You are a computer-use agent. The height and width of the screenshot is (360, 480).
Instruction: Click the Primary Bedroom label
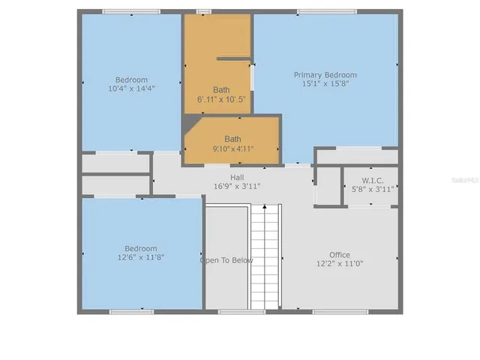pos(325,75)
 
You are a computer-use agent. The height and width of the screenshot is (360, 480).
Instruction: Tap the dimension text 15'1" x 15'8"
pos(325,84)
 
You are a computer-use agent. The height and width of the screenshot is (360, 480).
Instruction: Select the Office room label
pos(339,255)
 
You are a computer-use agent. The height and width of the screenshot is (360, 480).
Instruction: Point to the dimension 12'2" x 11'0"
pos(339,264)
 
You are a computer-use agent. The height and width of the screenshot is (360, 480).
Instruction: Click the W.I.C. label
pos(373,180)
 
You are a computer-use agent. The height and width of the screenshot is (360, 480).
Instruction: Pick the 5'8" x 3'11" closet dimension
pos(373,189)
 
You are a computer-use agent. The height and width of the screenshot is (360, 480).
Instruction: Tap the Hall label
pos(237,177)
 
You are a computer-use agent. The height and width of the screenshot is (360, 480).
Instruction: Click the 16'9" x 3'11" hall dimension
pos(237,186)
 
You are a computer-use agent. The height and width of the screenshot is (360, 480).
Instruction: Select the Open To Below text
pos(226,260)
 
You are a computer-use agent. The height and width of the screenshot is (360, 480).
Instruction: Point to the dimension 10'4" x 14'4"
pos(131,88)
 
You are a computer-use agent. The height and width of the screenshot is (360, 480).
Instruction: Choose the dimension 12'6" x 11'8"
pos(140,257)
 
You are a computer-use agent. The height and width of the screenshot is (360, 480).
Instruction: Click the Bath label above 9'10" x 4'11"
pos(232,139)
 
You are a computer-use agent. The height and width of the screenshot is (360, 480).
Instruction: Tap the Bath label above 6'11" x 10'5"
pos(221,89)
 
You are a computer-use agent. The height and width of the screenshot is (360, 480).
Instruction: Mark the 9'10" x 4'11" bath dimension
pos(232,148)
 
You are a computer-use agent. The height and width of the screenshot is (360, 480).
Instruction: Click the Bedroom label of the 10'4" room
pos(131,79)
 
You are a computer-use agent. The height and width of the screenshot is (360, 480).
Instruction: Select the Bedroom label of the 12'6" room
pos(140,248)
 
